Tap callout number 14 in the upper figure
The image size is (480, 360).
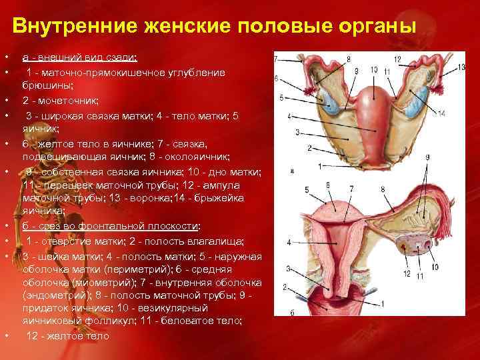coord(441,114)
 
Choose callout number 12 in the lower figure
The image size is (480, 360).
coord(407,274)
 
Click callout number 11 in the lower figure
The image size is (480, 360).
coord(419,275)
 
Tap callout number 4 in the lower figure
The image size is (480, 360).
coord(288,243)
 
